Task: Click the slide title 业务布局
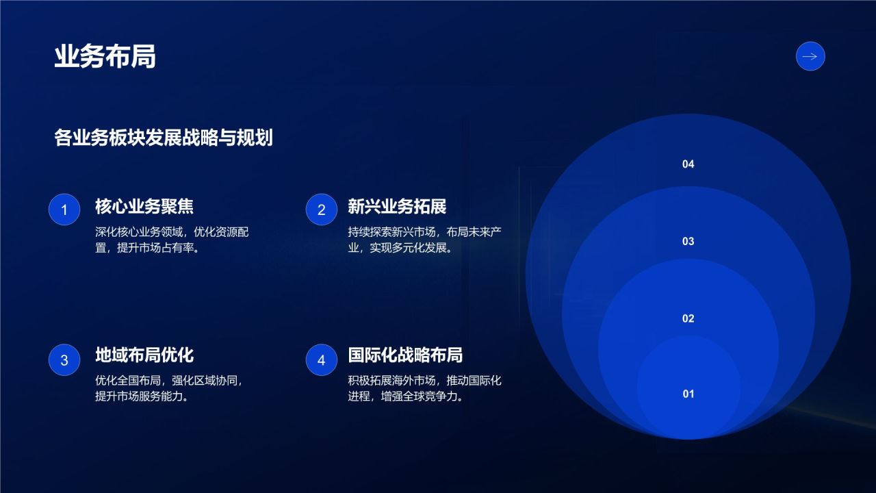tap(105, 57)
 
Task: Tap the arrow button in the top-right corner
tap(810, 57)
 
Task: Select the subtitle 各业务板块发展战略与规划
tap(164, 138)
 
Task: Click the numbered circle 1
tap(65, 210)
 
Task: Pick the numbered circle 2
tap(322, 210)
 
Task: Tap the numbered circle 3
tap(65, 360)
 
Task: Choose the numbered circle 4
tap(322, 360)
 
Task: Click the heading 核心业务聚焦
tap(144, 207)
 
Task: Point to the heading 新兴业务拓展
tap(397, 207)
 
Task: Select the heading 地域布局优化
tap(144, 355)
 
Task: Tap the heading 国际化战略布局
tap(405, 355)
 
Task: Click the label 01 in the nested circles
tap(688, 394)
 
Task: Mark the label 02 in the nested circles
tap(688, 318)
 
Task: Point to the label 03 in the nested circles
tap(688, 241)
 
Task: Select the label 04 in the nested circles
tap(688, 164)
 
